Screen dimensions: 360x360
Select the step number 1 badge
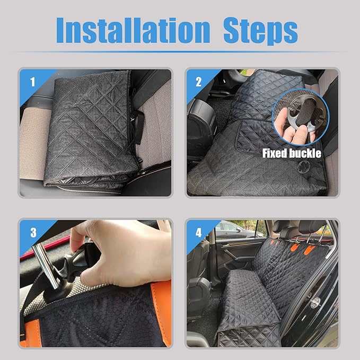coord(32,82)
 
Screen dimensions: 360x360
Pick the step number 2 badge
coord(198,82)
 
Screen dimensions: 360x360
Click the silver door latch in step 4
coord(316,303)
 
